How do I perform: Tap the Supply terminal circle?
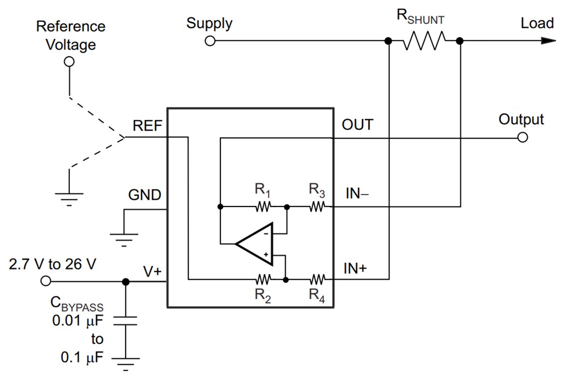coord(209,41)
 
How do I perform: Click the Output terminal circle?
coord(522,138)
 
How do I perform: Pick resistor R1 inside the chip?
coord(263,207)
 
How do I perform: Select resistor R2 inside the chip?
coord(263,280)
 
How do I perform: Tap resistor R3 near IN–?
coord(317,207)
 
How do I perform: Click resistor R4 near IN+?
coord(317,280)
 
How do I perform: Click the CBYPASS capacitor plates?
coord(125,321)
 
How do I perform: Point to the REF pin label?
coord(147,125)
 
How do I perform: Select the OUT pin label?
coord(357,125)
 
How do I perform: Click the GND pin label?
coord(144,195)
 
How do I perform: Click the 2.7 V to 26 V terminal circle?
coord(46,281)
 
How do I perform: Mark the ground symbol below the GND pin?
coord(124,239)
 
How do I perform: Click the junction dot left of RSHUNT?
coord(388,41)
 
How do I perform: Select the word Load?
coord(537,23)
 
